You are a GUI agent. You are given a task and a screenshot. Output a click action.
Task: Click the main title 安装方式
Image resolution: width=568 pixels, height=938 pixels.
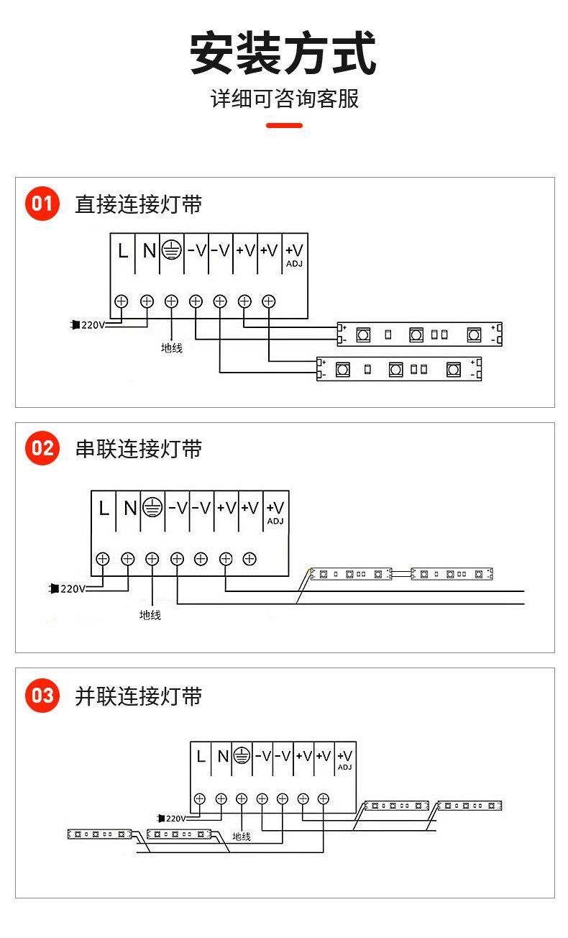[x=283, y=53]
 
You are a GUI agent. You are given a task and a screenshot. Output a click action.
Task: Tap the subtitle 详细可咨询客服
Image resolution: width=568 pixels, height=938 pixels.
[x=284, y=99]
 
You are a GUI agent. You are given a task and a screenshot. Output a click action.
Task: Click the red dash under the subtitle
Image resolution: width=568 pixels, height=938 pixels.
[x=284, y=125]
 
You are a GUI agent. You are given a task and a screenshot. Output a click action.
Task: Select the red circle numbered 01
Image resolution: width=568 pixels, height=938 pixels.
[x=42, y=204]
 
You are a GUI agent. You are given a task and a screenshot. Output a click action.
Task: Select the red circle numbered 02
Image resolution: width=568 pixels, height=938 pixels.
[x=42, y=449]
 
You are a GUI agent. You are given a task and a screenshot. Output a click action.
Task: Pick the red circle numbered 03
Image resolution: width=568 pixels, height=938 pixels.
[x=42, y=696]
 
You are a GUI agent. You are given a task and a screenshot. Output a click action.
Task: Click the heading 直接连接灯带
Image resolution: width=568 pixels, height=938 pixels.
[x=139, y=204]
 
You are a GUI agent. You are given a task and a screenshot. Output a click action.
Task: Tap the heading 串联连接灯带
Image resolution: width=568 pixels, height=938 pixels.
[x=139, y=449]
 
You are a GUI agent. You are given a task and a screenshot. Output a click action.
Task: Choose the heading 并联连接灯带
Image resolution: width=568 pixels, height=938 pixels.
[x=139, y=696]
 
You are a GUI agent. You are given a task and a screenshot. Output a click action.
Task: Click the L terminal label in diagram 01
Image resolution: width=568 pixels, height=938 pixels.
[x=123, y=251]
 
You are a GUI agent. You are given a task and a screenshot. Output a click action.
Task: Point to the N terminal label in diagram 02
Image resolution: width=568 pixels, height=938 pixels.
[x=129, y=509]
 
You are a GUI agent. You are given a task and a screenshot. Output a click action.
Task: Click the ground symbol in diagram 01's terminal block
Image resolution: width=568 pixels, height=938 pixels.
[x=171, y=250]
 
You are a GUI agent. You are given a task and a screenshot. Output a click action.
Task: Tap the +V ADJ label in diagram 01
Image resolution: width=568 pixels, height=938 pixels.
[x=295, y=254]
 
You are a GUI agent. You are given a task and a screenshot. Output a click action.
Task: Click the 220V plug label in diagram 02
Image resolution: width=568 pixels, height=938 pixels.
[x=71, y=588]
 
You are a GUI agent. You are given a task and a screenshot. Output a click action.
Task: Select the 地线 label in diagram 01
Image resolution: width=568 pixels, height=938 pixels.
[x=172, y=348]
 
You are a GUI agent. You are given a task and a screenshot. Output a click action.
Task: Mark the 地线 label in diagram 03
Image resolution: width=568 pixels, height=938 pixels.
[x=242, y=837]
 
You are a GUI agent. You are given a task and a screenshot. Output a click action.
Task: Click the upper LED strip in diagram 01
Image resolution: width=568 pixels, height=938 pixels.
[x=419, y=334]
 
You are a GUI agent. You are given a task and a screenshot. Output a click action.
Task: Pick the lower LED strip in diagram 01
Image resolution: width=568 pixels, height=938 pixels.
[x=399, y=369]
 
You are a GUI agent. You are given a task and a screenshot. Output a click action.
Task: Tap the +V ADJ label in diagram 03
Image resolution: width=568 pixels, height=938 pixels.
[x=345, y=759]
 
